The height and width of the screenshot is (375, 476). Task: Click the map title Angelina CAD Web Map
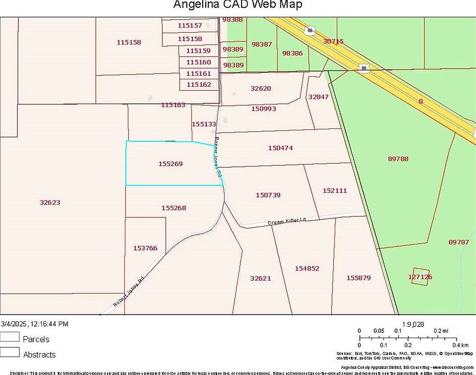(x=237, y=5)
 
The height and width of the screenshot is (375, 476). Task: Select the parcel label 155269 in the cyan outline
(x=170, y=164)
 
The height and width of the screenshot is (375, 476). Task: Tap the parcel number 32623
(x=50, y=202)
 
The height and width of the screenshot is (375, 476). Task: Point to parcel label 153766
(x=145, y=248)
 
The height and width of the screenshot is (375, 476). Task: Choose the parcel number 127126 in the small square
(x=420, y=277)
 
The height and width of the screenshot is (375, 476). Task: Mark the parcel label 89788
(x=398, y=159)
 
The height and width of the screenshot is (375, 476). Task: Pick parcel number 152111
(x=335, y=190)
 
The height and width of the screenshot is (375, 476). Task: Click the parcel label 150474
(x=280, y=148)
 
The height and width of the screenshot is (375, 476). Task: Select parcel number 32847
(x=318, y=97)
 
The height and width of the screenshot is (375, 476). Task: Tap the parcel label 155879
(x=358, y=278)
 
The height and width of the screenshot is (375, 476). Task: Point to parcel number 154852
(x=307, y=268)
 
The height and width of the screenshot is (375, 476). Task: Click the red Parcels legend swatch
(x=10, y=337)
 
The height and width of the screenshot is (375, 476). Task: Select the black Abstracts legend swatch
(x=10, y=352)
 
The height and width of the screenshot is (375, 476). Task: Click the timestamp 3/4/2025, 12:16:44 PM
(x=35, y=324)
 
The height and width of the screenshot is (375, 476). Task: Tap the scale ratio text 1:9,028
(x=413, y=324)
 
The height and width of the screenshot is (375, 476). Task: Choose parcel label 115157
(x=190, y=25)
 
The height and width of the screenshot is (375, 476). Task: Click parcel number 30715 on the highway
(x=334, y=41)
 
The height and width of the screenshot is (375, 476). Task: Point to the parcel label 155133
(x=204, y=124)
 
